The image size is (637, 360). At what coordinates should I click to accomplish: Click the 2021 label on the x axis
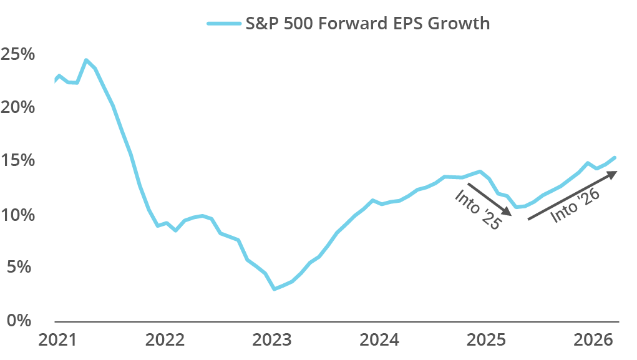point(58,341)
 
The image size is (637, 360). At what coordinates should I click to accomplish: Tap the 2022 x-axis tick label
point(165,341)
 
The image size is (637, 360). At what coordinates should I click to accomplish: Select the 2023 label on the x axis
point(273,341)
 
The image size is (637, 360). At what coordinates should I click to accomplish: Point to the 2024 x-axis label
point(380,341)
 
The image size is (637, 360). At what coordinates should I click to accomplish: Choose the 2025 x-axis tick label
point(487,341)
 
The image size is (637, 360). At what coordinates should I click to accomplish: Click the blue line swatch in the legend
point(223,24)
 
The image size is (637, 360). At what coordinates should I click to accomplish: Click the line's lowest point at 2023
point(274,289)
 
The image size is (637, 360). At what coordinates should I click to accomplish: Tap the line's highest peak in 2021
point(86,60)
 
